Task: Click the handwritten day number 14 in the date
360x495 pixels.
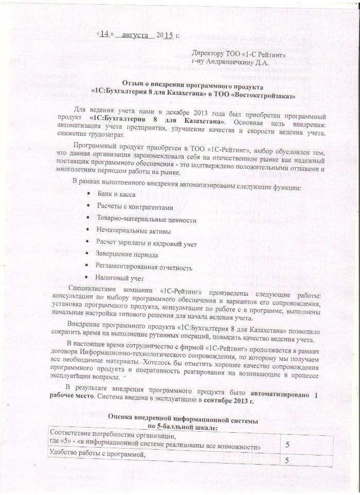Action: (x=105, y=34)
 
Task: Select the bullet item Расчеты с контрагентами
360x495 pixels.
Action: (x=135, y=207)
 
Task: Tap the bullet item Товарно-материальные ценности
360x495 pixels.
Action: (x=146, y=220)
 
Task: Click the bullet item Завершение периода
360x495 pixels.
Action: (x=127, y=255)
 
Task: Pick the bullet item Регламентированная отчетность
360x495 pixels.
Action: (x=143, y=268)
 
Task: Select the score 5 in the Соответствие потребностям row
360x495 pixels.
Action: (x=288, y=443)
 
